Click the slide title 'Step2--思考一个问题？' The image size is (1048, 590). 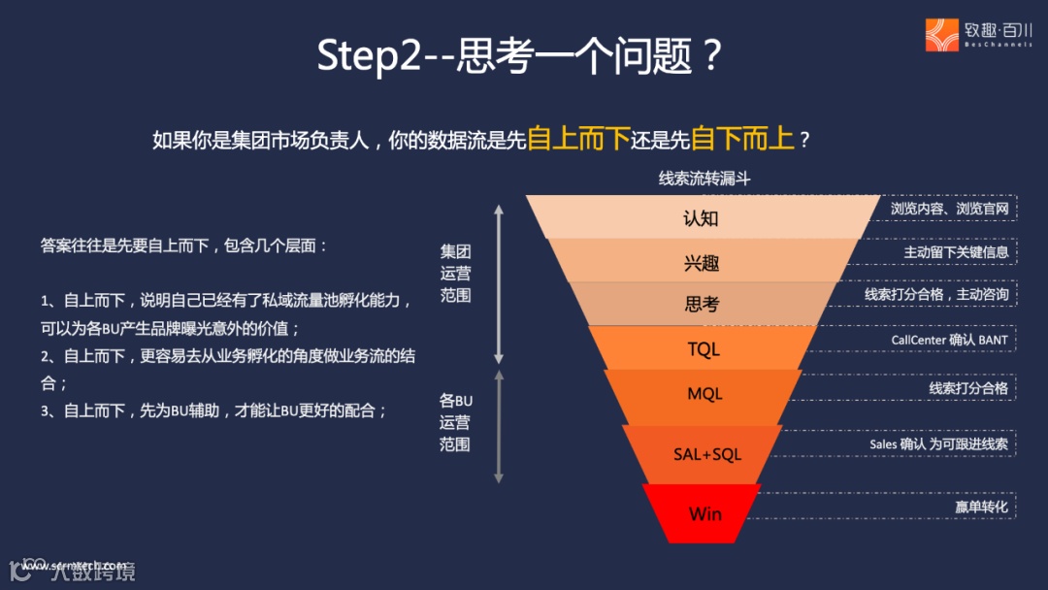coord(520,57)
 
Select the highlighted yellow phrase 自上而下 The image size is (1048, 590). coord(579,139)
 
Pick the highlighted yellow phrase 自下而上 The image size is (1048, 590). coord(743,139)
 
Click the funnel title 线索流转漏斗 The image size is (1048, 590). coord(704,179)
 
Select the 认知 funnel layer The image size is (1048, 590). coord(701,218)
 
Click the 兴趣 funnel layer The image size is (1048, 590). coord(701,262)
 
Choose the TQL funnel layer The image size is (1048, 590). coord(704,348)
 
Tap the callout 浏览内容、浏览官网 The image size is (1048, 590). coord(949,209)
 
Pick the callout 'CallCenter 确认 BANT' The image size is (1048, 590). coord(949,340)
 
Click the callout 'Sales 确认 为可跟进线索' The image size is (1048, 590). coord(938,444)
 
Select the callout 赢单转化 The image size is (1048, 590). coord(981,507)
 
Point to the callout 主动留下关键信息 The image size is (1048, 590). coord(956,252)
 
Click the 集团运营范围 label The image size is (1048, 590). coord(455,273)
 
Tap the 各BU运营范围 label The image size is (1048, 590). coord(455,422)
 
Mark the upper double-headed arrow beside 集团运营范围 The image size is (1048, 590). coord(499,282)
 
